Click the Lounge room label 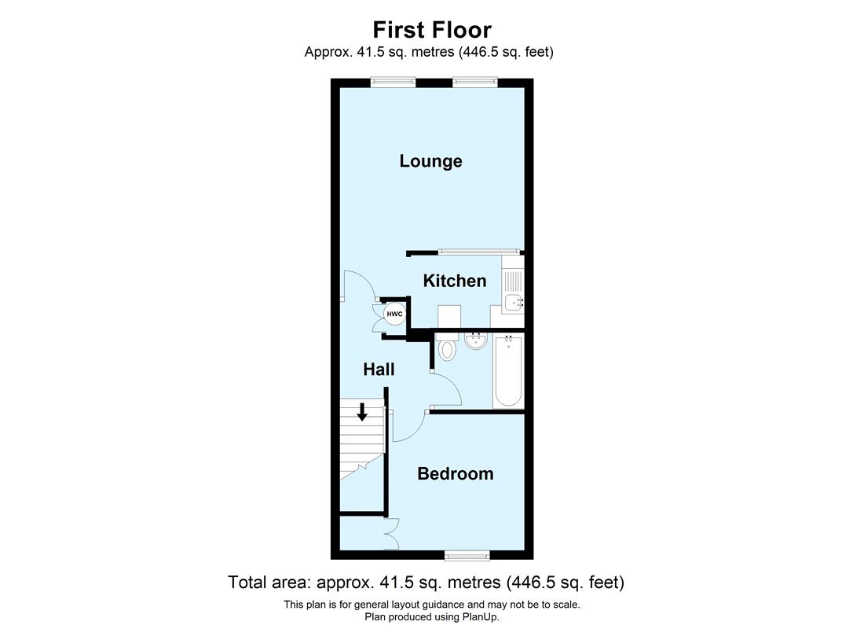click(x=430, y=161)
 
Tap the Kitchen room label click(x=454, y=281)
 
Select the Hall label click(x=379, y=370)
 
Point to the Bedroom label click(x=455, y=473)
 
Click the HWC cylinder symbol click(x=394, y=314)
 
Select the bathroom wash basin click(x=474, y=343)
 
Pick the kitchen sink click(x=513, y=301)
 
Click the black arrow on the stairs click(x=362, y=411)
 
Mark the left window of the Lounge click(x=393, y=79)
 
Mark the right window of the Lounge click(x=474, y=79)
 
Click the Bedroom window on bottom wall click(x=467, y=557)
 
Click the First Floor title click(x=431, y=30)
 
